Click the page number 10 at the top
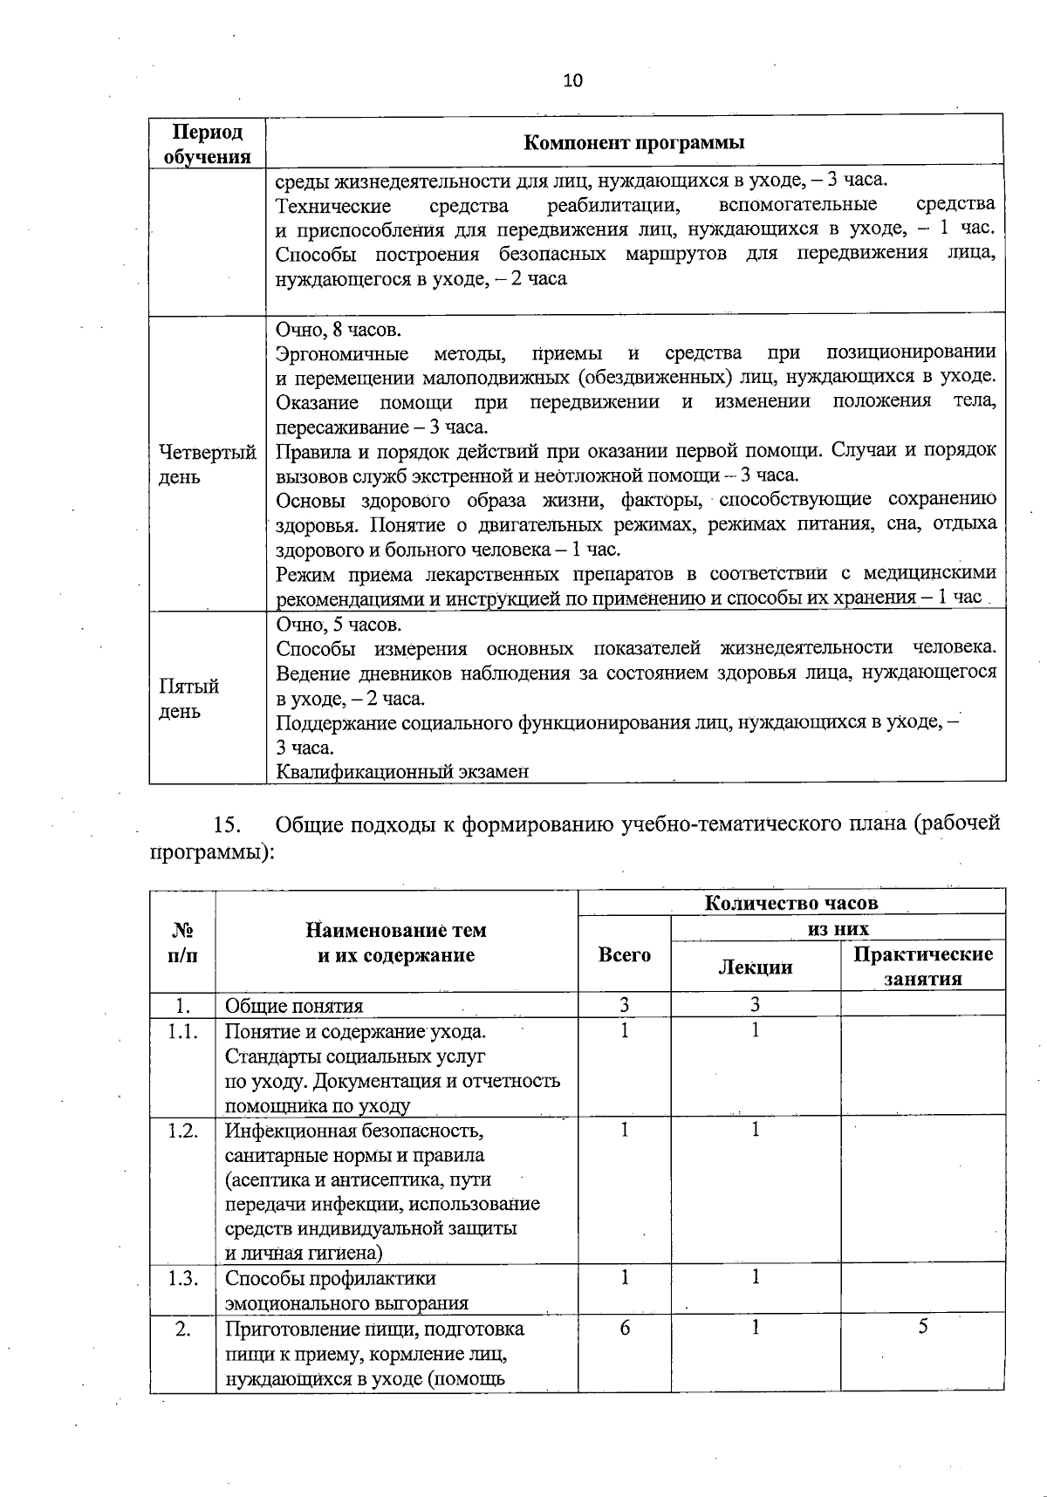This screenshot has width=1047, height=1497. (x=572, y=81)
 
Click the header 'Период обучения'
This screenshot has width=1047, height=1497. (x=207, y=144)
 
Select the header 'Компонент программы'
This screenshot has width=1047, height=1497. (x=633, y=143)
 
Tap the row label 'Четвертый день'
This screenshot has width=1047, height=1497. (x=207, y=464)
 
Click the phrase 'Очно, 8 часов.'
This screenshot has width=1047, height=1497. (x=339, y=330)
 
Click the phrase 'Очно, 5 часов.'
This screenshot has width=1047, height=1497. (x=339, y=625)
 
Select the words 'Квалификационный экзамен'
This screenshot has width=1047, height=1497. (x=402, y=771)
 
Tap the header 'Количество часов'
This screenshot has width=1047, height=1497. (x=790, y=902)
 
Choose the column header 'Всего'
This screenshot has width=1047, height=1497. (x=624, y=954)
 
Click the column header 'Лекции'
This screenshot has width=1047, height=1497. (x=755, y=967)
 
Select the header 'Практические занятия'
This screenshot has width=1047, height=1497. (x=922, y=966)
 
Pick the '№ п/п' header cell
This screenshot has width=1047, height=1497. (x=182, y=942)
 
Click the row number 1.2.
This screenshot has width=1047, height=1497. (x=182, y=1131)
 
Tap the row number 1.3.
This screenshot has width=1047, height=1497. (x=182, y=1278)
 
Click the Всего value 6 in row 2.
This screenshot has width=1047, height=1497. (x=624, y=1328)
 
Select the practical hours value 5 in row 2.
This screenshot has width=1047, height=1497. (x=922, y=1327)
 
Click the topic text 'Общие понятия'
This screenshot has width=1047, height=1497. (x=293, y=1005)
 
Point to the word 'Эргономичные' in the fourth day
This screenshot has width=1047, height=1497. (x=342, y=353)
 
